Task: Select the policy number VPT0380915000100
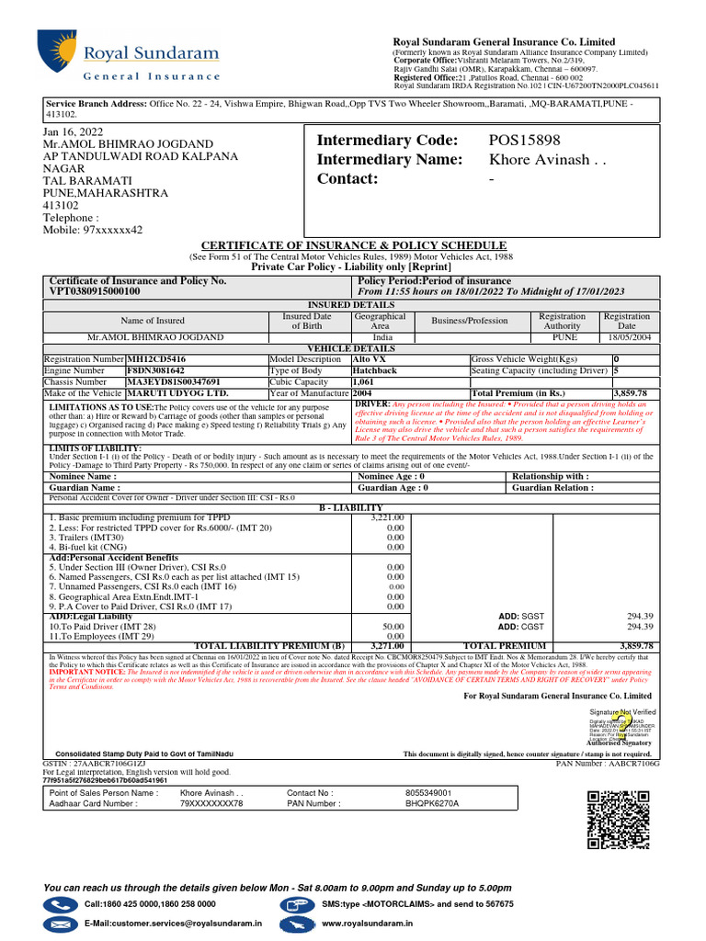click(x=95, y=291)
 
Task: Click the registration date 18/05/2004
click(x=626, y=337)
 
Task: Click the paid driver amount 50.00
click(x=394, y=625)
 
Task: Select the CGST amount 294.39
click(x=639, y=627)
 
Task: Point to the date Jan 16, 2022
click(x=74, y=132)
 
